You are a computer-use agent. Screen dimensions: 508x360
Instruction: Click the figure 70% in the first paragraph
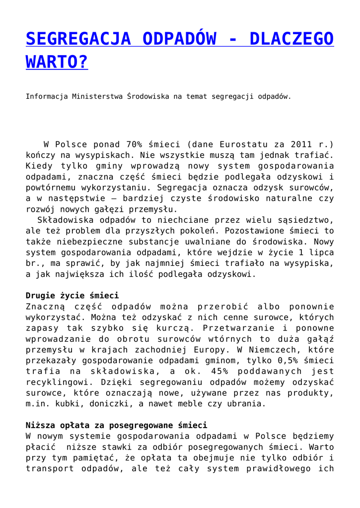click(135, 144)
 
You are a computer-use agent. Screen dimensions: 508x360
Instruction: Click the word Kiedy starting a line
click(40, 166)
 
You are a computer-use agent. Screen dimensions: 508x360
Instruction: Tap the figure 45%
click(218, 372)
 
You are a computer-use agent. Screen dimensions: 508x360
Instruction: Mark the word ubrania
click(246, 404)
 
